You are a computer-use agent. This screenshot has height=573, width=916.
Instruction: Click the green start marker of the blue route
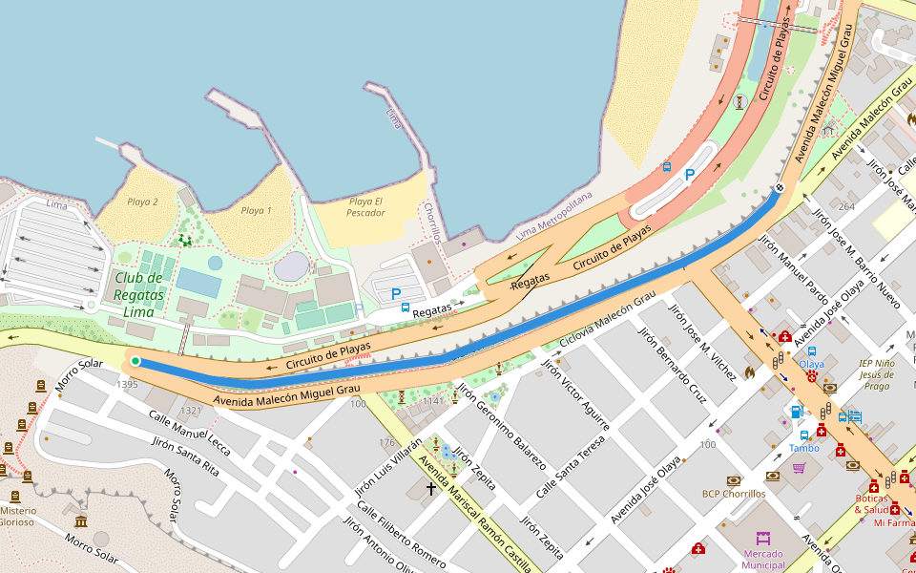point(135,361)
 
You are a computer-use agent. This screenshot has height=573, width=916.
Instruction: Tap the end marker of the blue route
point(779,187)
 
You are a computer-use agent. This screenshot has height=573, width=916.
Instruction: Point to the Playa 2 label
point(142,202)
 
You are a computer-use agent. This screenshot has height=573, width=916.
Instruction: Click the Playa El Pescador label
point(365,206)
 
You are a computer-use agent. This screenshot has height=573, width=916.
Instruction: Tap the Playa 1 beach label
point(256,211)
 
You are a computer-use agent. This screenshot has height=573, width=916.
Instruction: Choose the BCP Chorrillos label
point(734,494)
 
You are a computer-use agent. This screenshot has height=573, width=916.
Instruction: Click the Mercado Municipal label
point(762,560)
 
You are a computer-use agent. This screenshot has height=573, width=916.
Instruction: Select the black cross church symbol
point(431,489)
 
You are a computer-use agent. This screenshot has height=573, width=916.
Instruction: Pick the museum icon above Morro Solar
point(81,521)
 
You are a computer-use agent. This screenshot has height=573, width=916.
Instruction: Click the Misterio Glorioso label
point(17,516)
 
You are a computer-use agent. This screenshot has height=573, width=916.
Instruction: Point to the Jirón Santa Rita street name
point(187,458)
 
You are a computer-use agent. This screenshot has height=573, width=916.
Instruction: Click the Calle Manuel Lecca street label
point(189,431)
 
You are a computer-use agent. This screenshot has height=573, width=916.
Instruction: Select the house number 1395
point(127,384)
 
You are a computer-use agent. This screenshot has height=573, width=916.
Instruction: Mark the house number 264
point(846,206)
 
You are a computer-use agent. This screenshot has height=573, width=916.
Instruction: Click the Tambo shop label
point(803,448)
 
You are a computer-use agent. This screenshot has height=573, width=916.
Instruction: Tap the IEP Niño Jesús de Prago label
point(875,374)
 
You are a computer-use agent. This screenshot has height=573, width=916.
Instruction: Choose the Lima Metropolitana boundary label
point(552,215)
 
